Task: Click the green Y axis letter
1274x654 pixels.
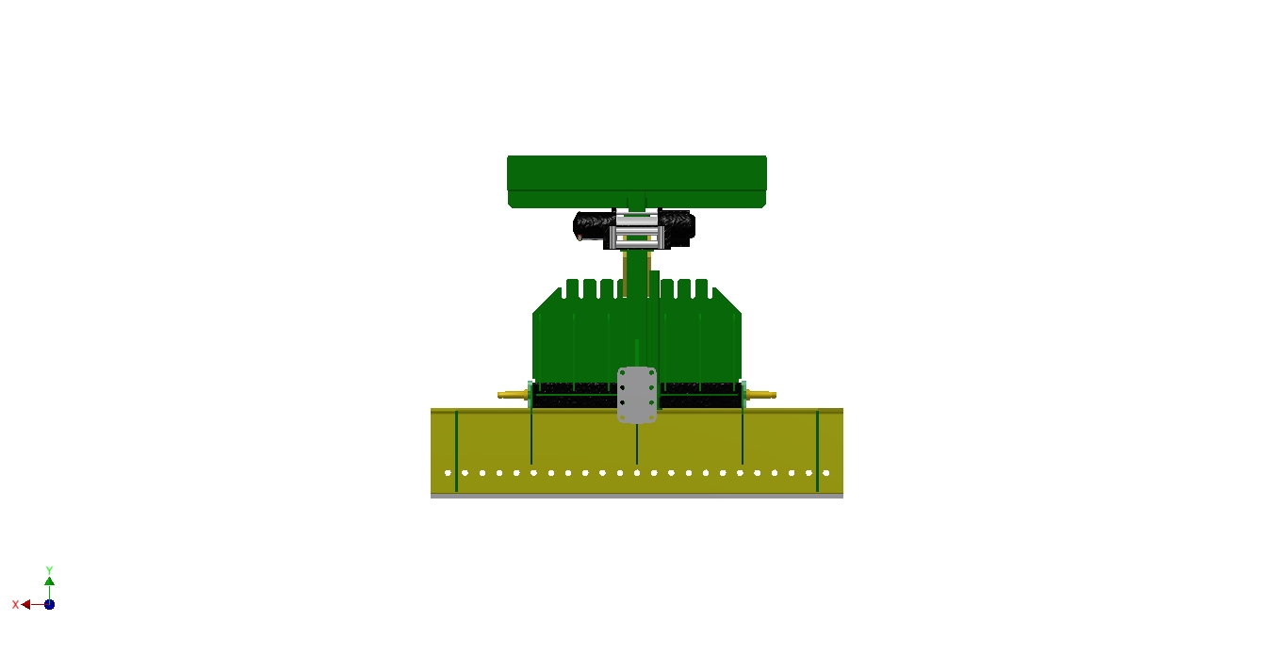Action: (x=49, y=570)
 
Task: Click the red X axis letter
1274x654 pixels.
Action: (x=15, y=604)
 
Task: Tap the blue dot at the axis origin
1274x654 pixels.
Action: (x=50, y=604)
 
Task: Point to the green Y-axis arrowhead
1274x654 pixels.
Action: (x=50, y=581)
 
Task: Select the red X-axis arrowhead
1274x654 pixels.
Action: (x=25, y=604)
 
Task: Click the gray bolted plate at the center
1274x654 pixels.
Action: (x=637, y=395)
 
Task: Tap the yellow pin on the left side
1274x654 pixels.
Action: (x=513, y=395)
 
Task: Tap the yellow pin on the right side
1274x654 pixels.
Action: (x=761, y=395)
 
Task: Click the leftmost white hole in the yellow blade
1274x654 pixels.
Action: (x=448, y=473)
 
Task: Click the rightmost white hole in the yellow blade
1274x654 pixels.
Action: (x=826, y=473)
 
